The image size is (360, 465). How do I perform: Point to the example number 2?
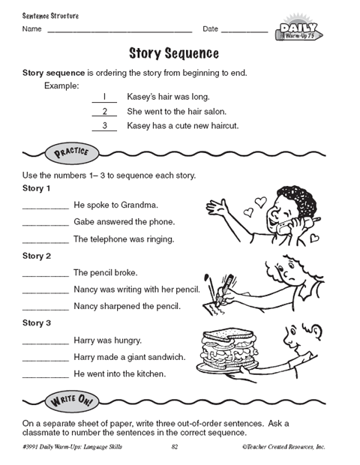(x=104, y=111)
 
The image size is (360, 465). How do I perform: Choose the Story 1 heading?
(x=37, y=188)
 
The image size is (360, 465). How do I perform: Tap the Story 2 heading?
(x=37, y=256)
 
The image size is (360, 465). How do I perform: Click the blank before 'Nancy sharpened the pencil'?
(x=46, y=308)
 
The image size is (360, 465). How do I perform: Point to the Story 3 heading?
(x=37, y=323)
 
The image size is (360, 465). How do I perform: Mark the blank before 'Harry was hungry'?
(x=46, y=342)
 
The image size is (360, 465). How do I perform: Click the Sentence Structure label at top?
(x=50, y=16)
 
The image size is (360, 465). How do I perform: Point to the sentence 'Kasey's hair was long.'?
(x=168, y=97)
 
